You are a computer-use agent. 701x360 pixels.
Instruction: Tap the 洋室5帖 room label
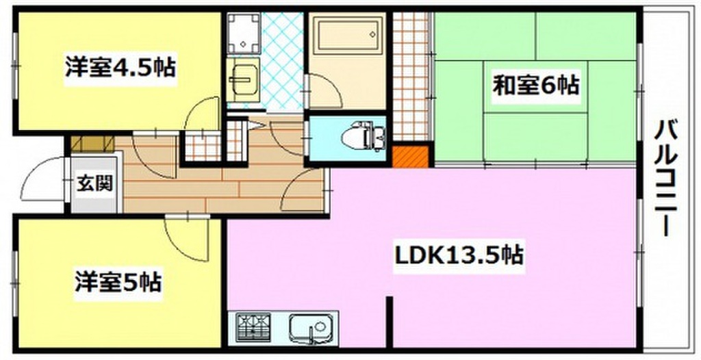coord(118,281)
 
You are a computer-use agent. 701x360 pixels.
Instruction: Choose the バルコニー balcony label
coord(665,177)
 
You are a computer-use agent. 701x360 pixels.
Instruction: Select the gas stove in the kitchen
coord(254,326)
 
